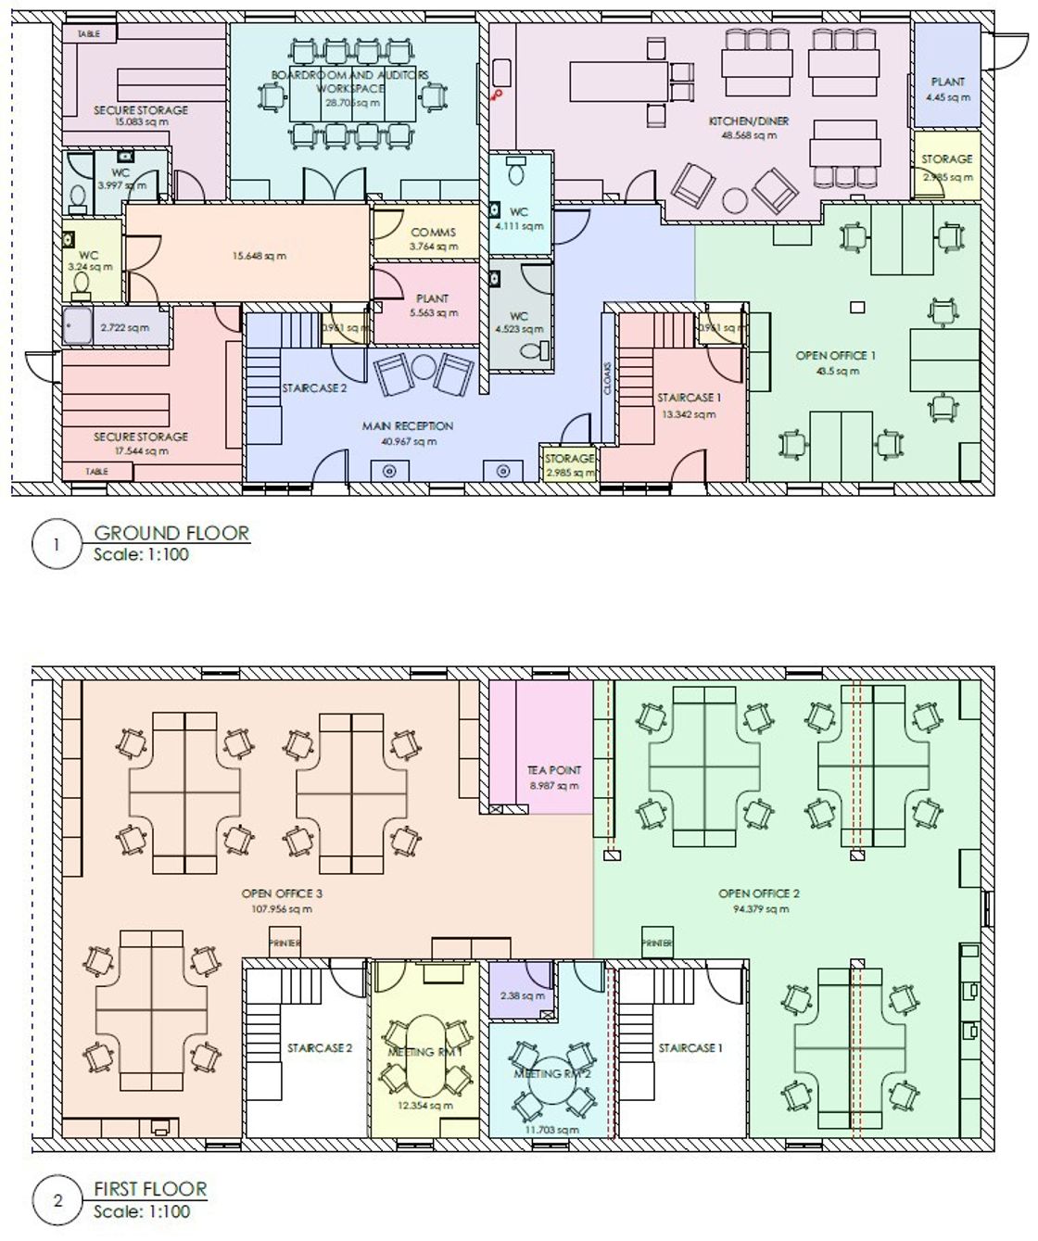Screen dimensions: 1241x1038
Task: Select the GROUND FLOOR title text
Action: coord(171,533)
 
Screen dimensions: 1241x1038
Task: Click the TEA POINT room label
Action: coord(554,770)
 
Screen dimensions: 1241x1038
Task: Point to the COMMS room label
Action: coord(433,233)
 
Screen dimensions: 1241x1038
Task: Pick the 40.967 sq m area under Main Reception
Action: coord(407,441)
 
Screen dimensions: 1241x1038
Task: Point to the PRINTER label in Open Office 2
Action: coord(657,943)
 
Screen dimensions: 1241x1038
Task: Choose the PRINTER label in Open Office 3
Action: coord(285,943)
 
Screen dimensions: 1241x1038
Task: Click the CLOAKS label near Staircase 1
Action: coord(607,378)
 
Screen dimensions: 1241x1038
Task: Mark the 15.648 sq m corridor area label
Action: coord(259,256)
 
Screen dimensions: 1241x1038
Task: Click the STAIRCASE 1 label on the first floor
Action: coord(690,1048)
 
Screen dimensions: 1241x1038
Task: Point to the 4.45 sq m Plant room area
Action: coord(947,96)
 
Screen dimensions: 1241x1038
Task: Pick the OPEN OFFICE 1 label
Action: coord(835,356)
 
